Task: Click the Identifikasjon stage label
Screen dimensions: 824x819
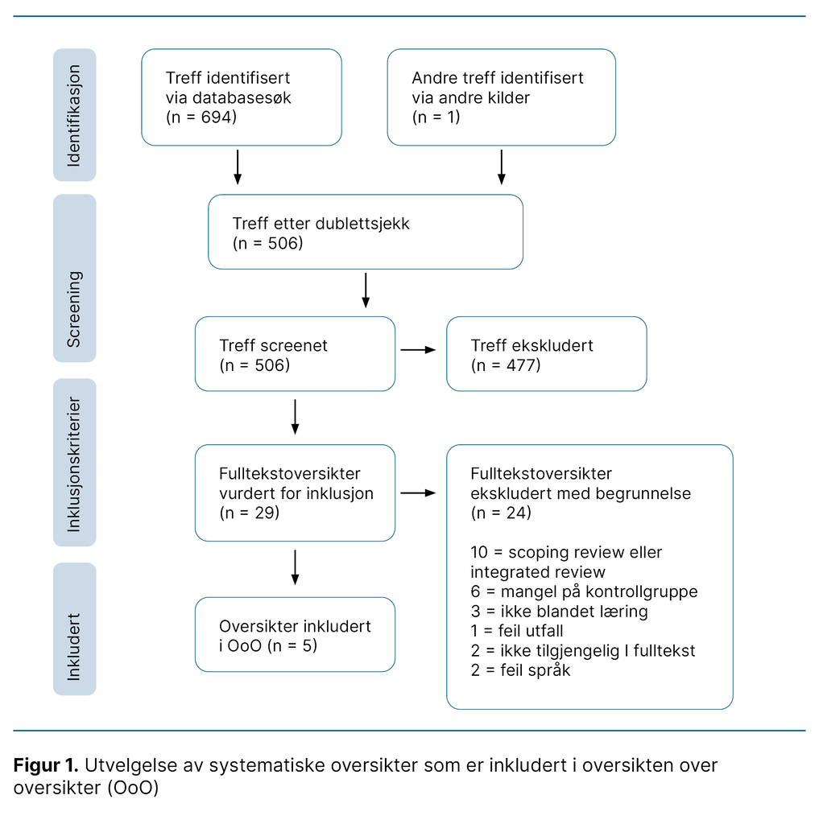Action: click(x=74, y=115)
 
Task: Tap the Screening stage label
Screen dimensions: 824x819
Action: click(x=74, y=309)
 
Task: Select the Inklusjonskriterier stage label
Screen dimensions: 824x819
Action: click(x=74, y=463)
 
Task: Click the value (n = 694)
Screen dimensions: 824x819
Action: click(x=201, y=117)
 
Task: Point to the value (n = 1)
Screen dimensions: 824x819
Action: click(x=436, y=117)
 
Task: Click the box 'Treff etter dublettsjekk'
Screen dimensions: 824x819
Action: click(x=365, y=232)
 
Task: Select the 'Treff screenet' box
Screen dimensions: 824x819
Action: click(x=295, y=354)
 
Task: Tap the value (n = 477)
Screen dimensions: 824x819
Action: click(x=506, y=365)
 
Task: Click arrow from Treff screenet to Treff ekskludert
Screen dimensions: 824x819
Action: click(x=418, y=349)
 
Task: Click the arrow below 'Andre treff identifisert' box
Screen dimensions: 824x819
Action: click(x=501, y=167)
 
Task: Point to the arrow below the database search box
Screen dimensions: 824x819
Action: click(x=237, y=167)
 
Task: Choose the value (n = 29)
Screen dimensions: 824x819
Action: click(x=249, y=512)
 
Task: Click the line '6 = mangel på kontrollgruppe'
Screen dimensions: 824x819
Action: click(x=584, y=591)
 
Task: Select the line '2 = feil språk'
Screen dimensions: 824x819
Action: click(x=520, y=669)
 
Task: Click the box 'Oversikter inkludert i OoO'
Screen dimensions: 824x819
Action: click(x=295, y=634)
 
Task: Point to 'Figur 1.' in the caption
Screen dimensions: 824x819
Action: click(x=46, y=764)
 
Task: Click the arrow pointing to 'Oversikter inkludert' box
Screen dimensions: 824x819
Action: click(x=295, y=567)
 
